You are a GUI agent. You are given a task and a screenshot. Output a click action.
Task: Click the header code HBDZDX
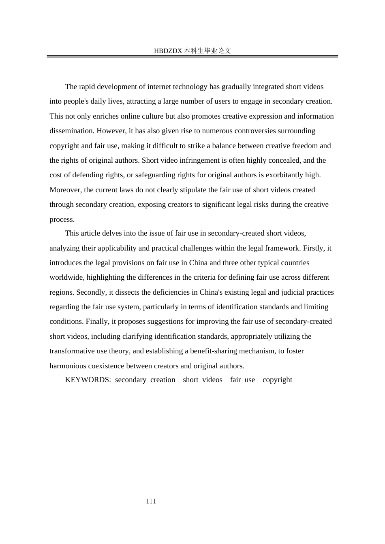tap(168, 51)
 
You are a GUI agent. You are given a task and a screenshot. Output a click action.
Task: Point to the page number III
tap(151, 501)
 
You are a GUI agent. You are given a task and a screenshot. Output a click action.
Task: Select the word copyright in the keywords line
tap(277, 380)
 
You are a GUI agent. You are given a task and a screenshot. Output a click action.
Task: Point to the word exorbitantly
tap(279, 175)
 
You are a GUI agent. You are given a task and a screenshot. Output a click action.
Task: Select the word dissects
tap(126, 292)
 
